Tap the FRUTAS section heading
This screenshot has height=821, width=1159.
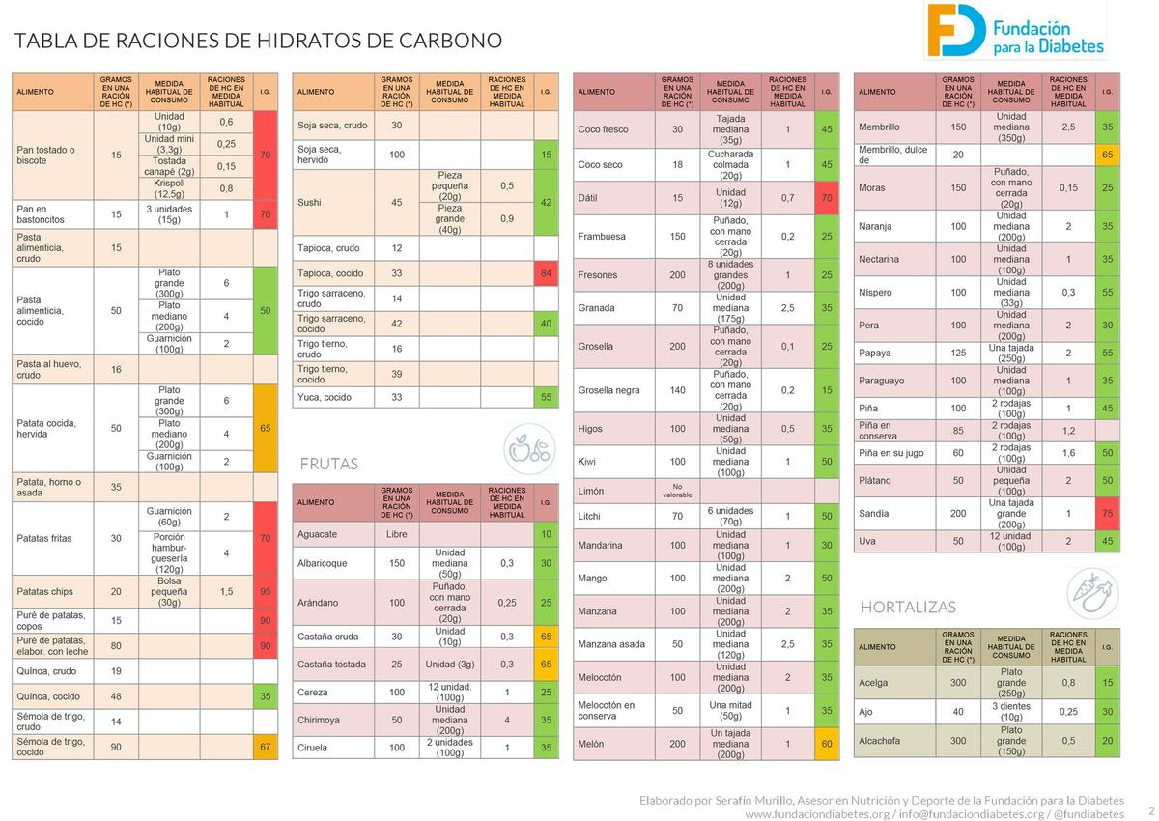tap(329, 464)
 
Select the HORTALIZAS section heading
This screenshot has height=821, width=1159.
tap(908, 608)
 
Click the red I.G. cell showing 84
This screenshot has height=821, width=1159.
tap(546, 273)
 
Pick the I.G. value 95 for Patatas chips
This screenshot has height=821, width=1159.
tap(266, 591)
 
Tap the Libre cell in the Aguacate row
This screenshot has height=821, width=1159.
tap(397, 534)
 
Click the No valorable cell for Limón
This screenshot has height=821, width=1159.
tap(677, 491)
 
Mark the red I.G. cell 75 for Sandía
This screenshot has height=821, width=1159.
tap(1108, 514)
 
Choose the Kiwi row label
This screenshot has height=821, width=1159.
tap(587, 462)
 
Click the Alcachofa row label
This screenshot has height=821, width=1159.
tap(879, 741)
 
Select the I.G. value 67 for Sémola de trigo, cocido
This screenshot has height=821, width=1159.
tap(266, 747)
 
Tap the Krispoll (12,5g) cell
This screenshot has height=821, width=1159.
tap(169, 188)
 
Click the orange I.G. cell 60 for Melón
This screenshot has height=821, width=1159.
tap(827, 744)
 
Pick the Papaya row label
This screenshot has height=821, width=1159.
tap(875, 354)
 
